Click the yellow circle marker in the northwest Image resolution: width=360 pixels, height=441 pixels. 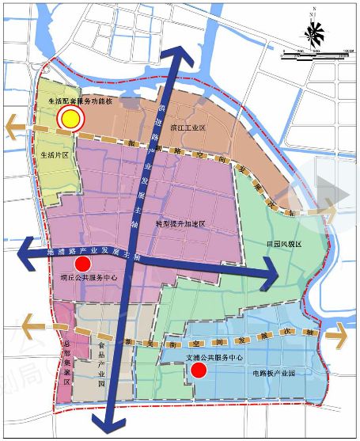tap(70, 119)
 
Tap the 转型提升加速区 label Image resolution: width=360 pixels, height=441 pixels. tap(180, 224)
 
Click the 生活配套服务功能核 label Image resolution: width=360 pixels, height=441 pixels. tap(81, 102)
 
